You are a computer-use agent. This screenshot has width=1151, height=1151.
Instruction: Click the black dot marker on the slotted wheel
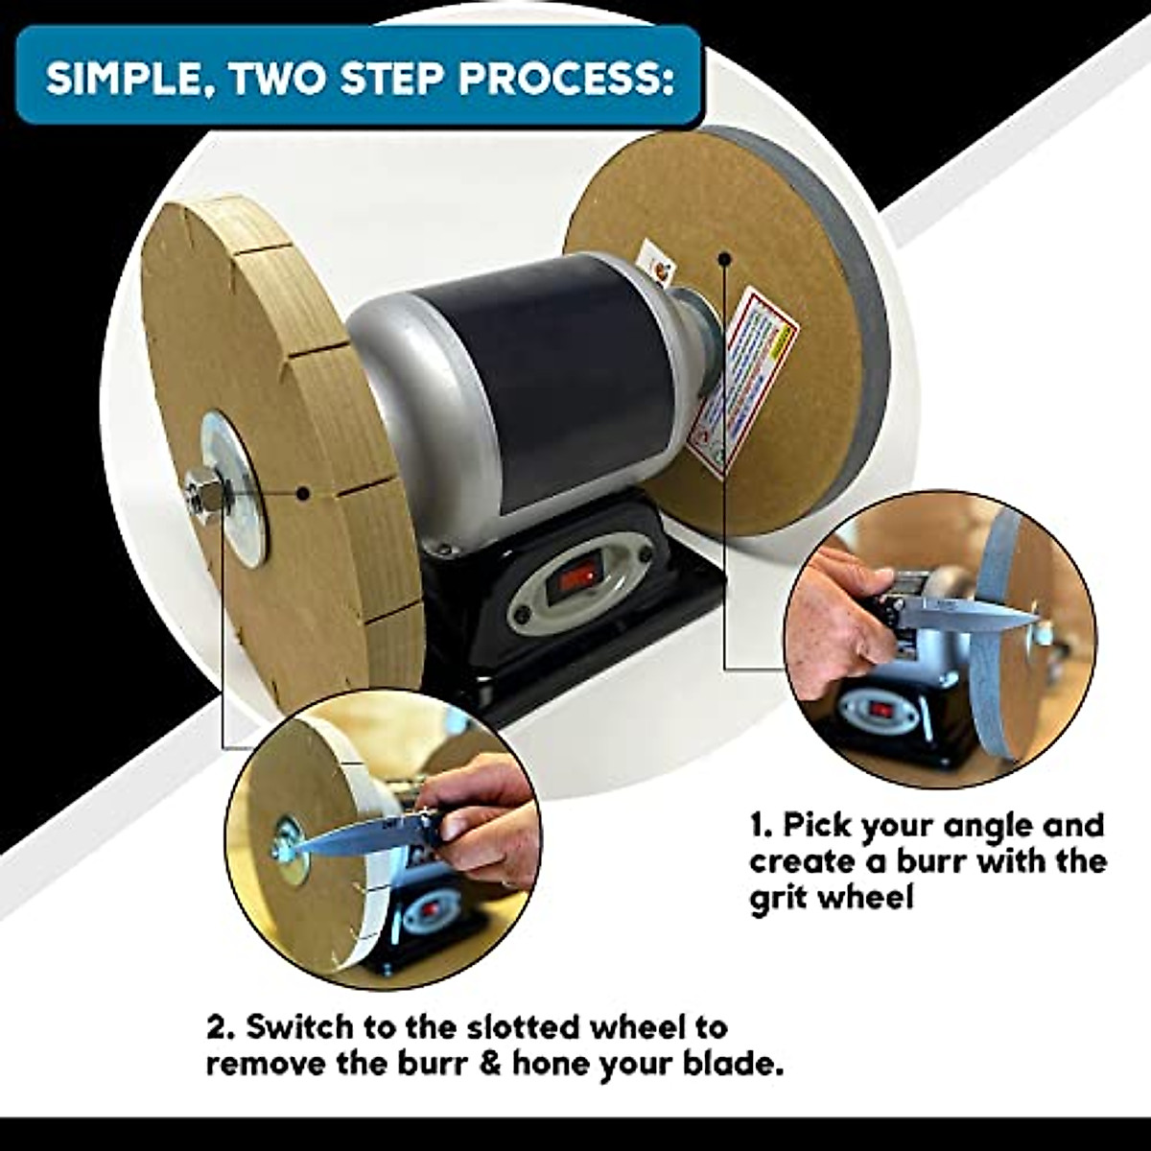(303, 494)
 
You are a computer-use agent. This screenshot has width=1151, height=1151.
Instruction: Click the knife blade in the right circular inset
(969, 613)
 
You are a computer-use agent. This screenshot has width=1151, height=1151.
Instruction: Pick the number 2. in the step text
(221, 1027)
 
